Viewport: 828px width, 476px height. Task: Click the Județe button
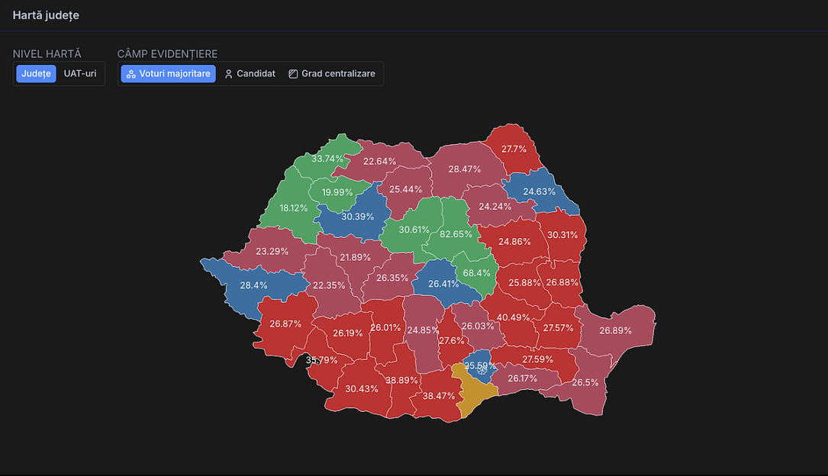36,74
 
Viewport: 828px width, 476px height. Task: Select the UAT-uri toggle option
80,74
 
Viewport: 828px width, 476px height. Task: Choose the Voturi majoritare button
168,74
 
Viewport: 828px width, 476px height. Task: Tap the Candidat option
250,74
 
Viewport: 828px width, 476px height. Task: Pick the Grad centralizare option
332,74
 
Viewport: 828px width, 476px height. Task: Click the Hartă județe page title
46,15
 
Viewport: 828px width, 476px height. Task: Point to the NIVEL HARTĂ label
47,54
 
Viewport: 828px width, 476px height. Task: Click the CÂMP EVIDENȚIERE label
167,54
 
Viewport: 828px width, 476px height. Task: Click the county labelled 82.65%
456,234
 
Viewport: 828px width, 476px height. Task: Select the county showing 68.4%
477,273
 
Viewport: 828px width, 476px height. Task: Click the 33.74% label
327,159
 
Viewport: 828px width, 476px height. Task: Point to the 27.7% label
514,149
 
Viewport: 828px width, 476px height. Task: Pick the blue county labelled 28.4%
254,285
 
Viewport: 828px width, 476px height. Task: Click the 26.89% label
615,330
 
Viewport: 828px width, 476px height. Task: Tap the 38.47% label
439,396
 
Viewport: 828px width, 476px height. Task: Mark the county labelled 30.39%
357,217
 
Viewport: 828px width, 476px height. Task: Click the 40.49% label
513,317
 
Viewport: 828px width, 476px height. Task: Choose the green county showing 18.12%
293,207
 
